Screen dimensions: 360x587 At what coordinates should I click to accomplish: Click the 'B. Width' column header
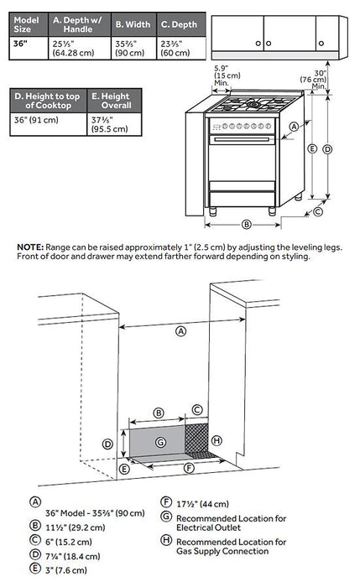(x=133, y=24)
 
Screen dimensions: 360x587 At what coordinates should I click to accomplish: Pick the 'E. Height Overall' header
(x=114, y=101)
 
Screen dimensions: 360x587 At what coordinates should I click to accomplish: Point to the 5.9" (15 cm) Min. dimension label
(x=227, y=75)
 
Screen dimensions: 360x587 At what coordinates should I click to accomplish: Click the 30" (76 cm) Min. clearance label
(x=314, y=80)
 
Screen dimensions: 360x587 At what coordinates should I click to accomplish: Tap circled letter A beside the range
(x=294, y=127)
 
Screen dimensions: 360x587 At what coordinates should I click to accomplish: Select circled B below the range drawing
(x=246, y=225)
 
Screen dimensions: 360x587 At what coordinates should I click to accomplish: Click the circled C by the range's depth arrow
(x=318, y=212)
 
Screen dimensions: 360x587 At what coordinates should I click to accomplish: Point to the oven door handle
(x=242, y=140)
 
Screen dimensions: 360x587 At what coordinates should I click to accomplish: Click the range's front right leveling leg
(x=272, y=210)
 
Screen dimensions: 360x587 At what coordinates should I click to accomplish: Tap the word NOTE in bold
(x=30, y=247)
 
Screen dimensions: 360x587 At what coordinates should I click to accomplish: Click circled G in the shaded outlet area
(x=160, y=443)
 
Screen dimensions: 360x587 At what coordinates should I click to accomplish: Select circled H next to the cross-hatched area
(x=217, y=440)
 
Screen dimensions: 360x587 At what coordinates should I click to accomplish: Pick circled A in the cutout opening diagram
(x=181, y=331)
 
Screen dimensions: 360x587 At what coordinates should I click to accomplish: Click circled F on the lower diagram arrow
(x=190, y=468)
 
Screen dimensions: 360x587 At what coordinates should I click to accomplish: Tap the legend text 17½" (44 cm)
(x=203, y=504)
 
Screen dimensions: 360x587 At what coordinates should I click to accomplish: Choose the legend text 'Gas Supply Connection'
(x=222, y=551)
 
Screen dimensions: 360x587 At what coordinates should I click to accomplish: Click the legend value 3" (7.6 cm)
(x=66, y=570)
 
